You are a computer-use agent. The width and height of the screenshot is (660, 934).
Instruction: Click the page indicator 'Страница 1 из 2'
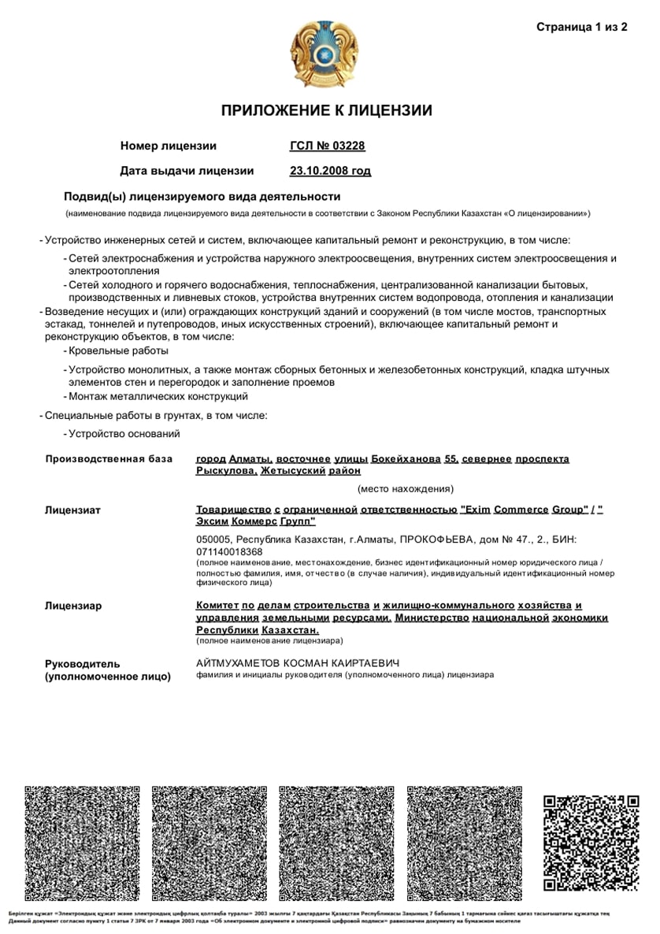click(581, 28)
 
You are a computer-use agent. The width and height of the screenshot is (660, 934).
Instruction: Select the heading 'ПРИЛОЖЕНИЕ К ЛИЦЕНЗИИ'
click(326, 110)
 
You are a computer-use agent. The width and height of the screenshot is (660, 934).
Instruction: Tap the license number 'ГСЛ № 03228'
click(328, 146)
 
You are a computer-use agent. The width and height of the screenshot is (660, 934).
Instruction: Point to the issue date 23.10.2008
click(330, 170)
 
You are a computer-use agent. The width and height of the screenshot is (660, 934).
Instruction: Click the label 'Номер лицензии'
click(168, 146)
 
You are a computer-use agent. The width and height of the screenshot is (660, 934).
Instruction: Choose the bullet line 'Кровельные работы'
click(118, 350)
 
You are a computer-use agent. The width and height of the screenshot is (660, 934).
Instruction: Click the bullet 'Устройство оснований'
click(124, 434)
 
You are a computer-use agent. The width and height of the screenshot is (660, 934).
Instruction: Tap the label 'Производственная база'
click(109, 458)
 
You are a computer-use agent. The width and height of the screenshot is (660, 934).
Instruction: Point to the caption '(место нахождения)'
click(405, 488)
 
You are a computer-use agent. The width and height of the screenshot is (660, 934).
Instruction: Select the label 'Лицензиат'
click(72, 510)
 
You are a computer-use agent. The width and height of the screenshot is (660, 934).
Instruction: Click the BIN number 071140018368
click(229, 552)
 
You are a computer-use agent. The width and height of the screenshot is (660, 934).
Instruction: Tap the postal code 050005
click(214, 539)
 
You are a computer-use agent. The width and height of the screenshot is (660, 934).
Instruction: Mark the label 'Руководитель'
click(83, 664)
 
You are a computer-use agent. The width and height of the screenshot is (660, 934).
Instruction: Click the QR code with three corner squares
click(590, 843)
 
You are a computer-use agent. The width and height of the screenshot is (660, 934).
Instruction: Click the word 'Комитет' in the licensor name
click(217, 606)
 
